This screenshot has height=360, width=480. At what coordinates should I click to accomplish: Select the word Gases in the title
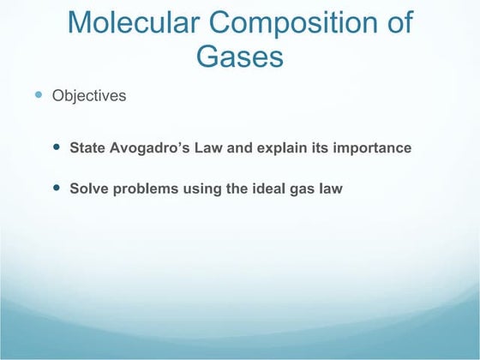click(239, 56)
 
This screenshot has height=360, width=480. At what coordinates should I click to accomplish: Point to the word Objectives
click(89, 96)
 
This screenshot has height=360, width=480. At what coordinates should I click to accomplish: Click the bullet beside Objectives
click(39, 95)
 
